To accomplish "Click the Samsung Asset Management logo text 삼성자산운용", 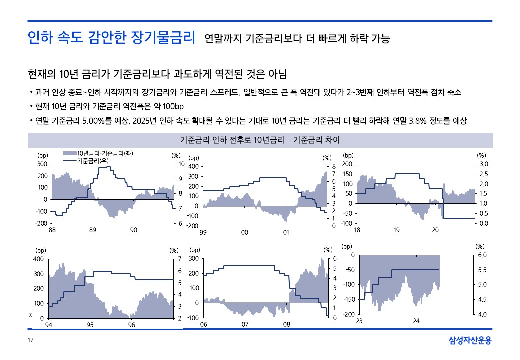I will point(470,341).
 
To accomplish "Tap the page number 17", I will point(30,341).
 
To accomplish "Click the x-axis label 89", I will point(93,230).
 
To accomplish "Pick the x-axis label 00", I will point(245,232).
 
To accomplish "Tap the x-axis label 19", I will point(396,230).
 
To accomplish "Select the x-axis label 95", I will point(90,325).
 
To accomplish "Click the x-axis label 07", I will point(245,325).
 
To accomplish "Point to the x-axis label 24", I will point(416,320).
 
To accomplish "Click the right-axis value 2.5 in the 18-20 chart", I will point(484,174).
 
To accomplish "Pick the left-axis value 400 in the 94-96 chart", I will point(38,259).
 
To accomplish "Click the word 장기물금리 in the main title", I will point(162,37).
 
